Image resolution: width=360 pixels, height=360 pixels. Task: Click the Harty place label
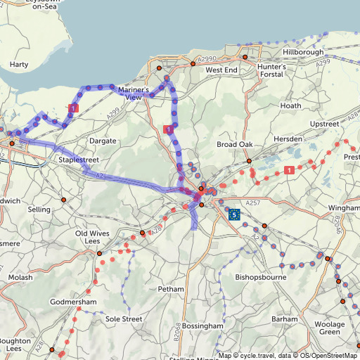[x=19, y=64]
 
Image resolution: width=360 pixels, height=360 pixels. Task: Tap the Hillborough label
[x=303, y=53]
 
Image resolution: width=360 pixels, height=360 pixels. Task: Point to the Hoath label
[x=290, y=105]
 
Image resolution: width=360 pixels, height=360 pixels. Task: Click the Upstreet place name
[x=324, y=124]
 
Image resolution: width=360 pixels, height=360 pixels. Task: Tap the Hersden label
[x=289, y=139]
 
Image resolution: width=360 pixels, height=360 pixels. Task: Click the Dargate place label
[x=103, y=141]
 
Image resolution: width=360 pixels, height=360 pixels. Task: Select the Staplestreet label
[x=78, y=160]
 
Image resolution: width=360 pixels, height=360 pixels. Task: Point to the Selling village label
[x=39, y=210]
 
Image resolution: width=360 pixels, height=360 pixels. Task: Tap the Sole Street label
[x=123, y=319]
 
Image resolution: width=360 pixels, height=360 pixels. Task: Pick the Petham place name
[x=171, y=289]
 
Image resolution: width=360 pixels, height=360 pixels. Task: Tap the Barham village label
[x=285, y=319]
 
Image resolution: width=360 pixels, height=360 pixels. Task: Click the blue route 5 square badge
[x=234, y=214]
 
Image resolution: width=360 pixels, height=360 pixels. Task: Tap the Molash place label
[x=20, y=278]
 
